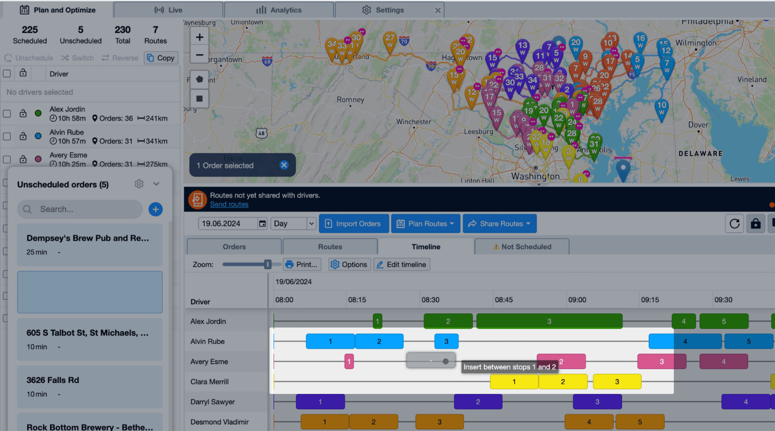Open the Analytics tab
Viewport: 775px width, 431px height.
(279, 10)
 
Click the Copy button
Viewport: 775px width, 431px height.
(161, 58)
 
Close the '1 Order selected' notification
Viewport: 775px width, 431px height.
(284, 165)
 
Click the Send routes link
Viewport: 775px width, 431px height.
(229, 204)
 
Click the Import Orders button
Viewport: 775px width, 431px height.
(354, 224)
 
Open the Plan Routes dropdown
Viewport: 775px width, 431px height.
(426, 224)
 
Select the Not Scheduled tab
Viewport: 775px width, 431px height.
(522, 247)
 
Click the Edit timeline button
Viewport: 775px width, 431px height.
(402, 264)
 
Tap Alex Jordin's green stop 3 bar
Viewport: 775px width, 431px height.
(549, 321)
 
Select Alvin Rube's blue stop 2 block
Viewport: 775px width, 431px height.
(379, 341)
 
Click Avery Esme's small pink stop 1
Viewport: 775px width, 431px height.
(349, 362)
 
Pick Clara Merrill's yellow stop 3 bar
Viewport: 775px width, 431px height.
(617, 382)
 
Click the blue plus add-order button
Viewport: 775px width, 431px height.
(155, 209)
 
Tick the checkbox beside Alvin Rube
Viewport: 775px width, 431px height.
(7, 137)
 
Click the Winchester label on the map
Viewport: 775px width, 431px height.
(413, 122)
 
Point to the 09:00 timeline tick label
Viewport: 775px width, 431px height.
(577, 299)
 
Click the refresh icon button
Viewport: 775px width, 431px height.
(734, 224)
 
